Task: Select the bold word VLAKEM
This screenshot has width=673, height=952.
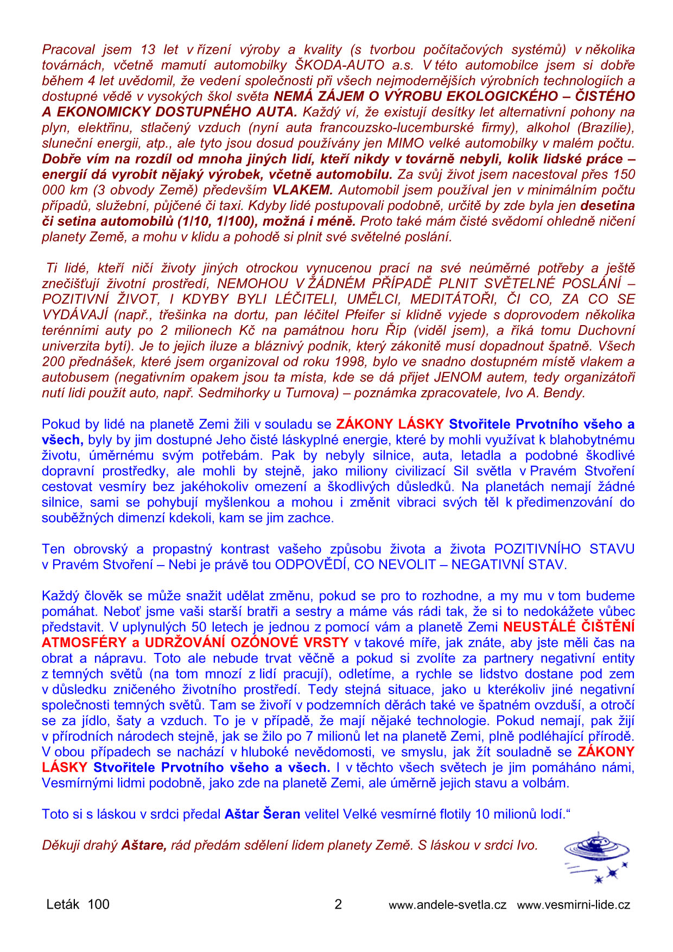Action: (302, 190)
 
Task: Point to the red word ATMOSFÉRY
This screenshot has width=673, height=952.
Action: (84, 643)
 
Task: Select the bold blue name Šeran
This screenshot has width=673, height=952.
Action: (282, 814)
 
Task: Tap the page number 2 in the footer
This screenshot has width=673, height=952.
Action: (338, 904)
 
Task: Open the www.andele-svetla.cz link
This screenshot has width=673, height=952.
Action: (447, 905)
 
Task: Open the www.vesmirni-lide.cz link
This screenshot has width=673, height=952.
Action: (573, 905)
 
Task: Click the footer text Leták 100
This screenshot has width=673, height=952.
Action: (78, 904)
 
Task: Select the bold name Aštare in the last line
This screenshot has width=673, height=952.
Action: (144, 846)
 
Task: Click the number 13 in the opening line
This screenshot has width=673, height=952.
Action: (148, 49)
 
